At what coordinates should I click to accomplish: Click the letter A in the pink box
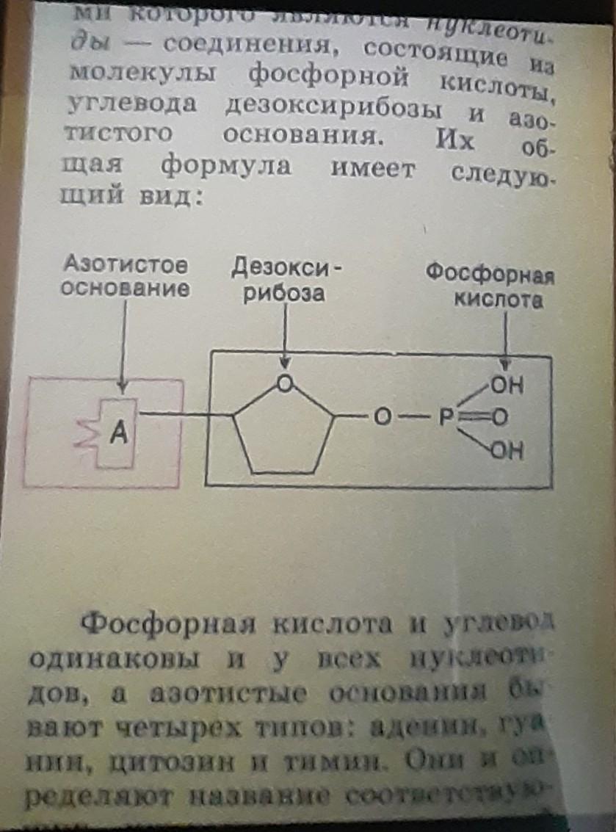pyautogui.click(x=119, y=435)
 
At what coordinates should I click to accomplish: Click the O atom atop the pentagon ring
pyautogui.click(x=286, y=383)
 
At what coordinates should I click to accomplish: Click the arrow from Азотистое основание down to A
pyautogui.click(x=123, y=345)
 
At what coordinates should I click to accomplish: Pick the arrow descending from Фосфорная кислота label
pyautogui.click(x=505, y=338)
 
